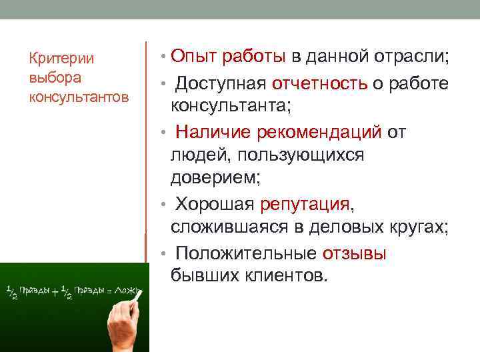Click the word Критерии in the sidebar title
pyautogui.click(x=61, y=59)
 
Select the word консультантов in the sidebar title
pyautogui.click(x=79, y=97)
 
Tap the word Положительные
pyautogui.click(x=245, y=253)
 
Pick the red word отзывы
pyautogui.click(x=355, y=253)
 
